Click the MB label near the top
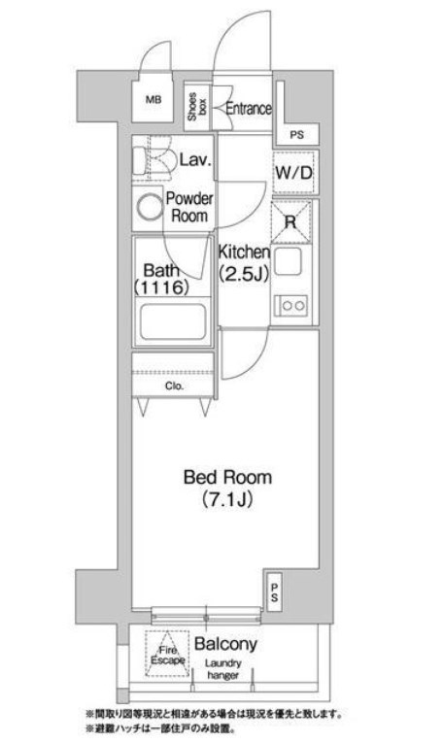[154, 100]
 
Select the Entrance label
[248, 109]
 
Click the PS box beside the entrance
[296, 135]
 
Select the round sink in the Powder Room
[149, 206]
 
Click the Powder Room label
[189, 207]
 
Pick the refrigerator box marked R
[291, 220]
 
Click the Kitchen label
[241, 250]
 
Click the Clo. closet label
[174, 386]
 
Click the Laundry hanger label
[223, 670]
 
